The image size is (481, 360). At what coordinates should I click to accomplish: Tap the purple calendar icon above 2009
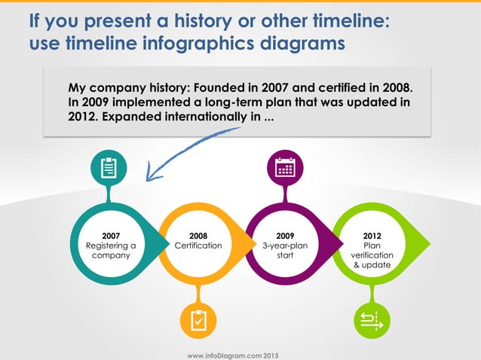pos(286,166)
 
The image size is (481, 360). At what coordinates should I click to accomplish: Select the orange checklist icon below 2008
pos(198,320)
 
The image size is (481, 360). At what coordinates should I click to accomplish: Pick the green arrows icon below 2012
pos(372,320)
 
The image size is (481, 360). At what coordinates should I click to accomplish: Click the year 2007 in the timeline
pos(110,235)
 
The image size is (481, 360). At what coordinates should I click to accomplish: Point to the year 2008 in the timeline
pos(198,235)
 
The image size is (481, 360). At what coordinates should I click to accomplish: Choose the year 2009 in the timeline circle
pos(286,235)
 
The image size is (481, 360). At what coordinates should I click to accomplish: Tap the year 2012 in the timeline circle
pos(372,235)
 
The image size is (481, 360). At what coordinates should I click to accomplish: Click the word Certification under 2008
pos(198,246)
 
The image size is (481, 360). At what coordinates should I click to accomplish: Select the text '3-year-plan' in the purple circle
pos(286,246)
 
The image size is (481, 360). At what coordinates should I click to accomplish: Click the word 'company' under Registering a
pos(110,256)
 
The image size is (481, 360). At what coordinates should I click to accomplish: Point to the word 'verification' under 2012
pos(372,255)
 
